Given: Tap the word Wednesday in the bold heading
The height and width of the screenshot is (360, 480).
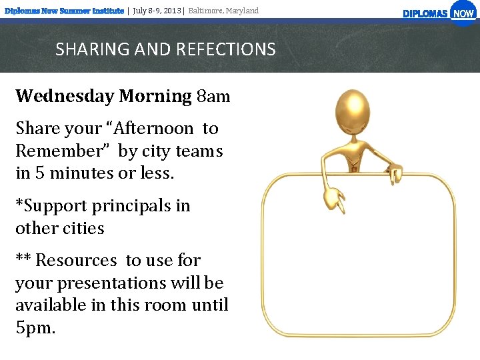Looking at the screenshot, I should click(x=65, y=97).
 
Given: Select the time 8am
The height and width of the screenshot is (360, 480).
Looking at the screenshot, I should click(x=213, y=97).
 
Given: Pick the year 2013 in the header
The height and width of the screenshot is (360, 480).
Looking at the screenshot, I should click(x=171, y=11).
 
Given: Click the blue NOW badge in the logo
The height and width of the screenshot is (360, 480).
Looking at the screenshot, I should click(x=463, y=13).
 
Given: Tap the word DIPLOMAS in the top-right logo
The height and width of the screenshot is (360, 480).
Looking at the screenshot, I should click(x=425, y=14).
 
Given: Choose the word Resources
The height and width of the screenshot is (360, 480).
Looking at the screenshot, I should click(x=78, y=261).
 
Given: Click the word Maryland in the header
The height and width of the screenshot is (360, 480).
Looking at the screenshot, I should click(x=241, y=11).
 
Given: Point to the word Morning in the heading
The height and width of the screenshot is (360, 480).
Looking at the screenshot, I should click(x=155, y=97).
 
